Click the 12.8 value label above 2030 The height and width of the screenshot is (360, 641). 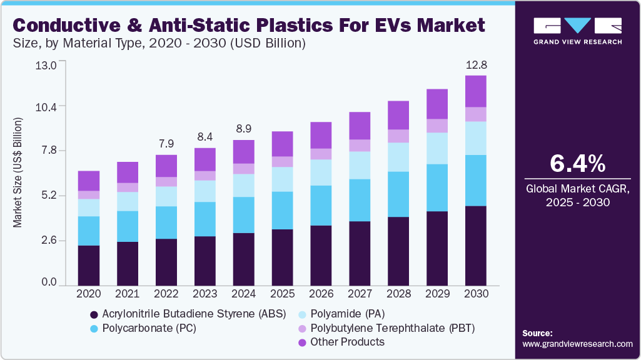coord(476,65)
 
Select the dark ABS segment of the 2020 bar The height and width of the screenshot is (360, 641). coord(89,265)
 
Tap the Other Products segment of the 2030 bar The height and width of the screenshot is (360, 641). coord(476,91)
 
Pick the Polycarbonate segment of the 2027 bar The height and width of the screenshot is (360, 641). coord(360,200)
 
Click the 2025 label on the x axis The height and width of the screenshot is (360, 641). coord(283,293)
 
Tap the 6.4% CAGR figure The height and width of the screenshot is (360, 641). coord(577,164)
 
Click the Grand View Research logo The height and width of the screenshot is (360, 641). coord(577,31)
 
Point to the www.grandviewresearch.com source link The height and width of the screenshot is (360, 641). coord(577,344)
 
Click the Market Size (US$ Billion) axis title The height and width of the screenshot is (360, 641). coord(18,172)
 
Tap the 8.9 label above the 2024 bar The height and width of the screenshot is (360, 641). coord(244,129)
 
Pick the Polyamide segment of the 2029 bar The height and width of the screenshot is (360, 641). coord(437,148)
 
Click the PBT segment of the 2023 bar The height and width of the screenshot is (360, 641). coord(205,176)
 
